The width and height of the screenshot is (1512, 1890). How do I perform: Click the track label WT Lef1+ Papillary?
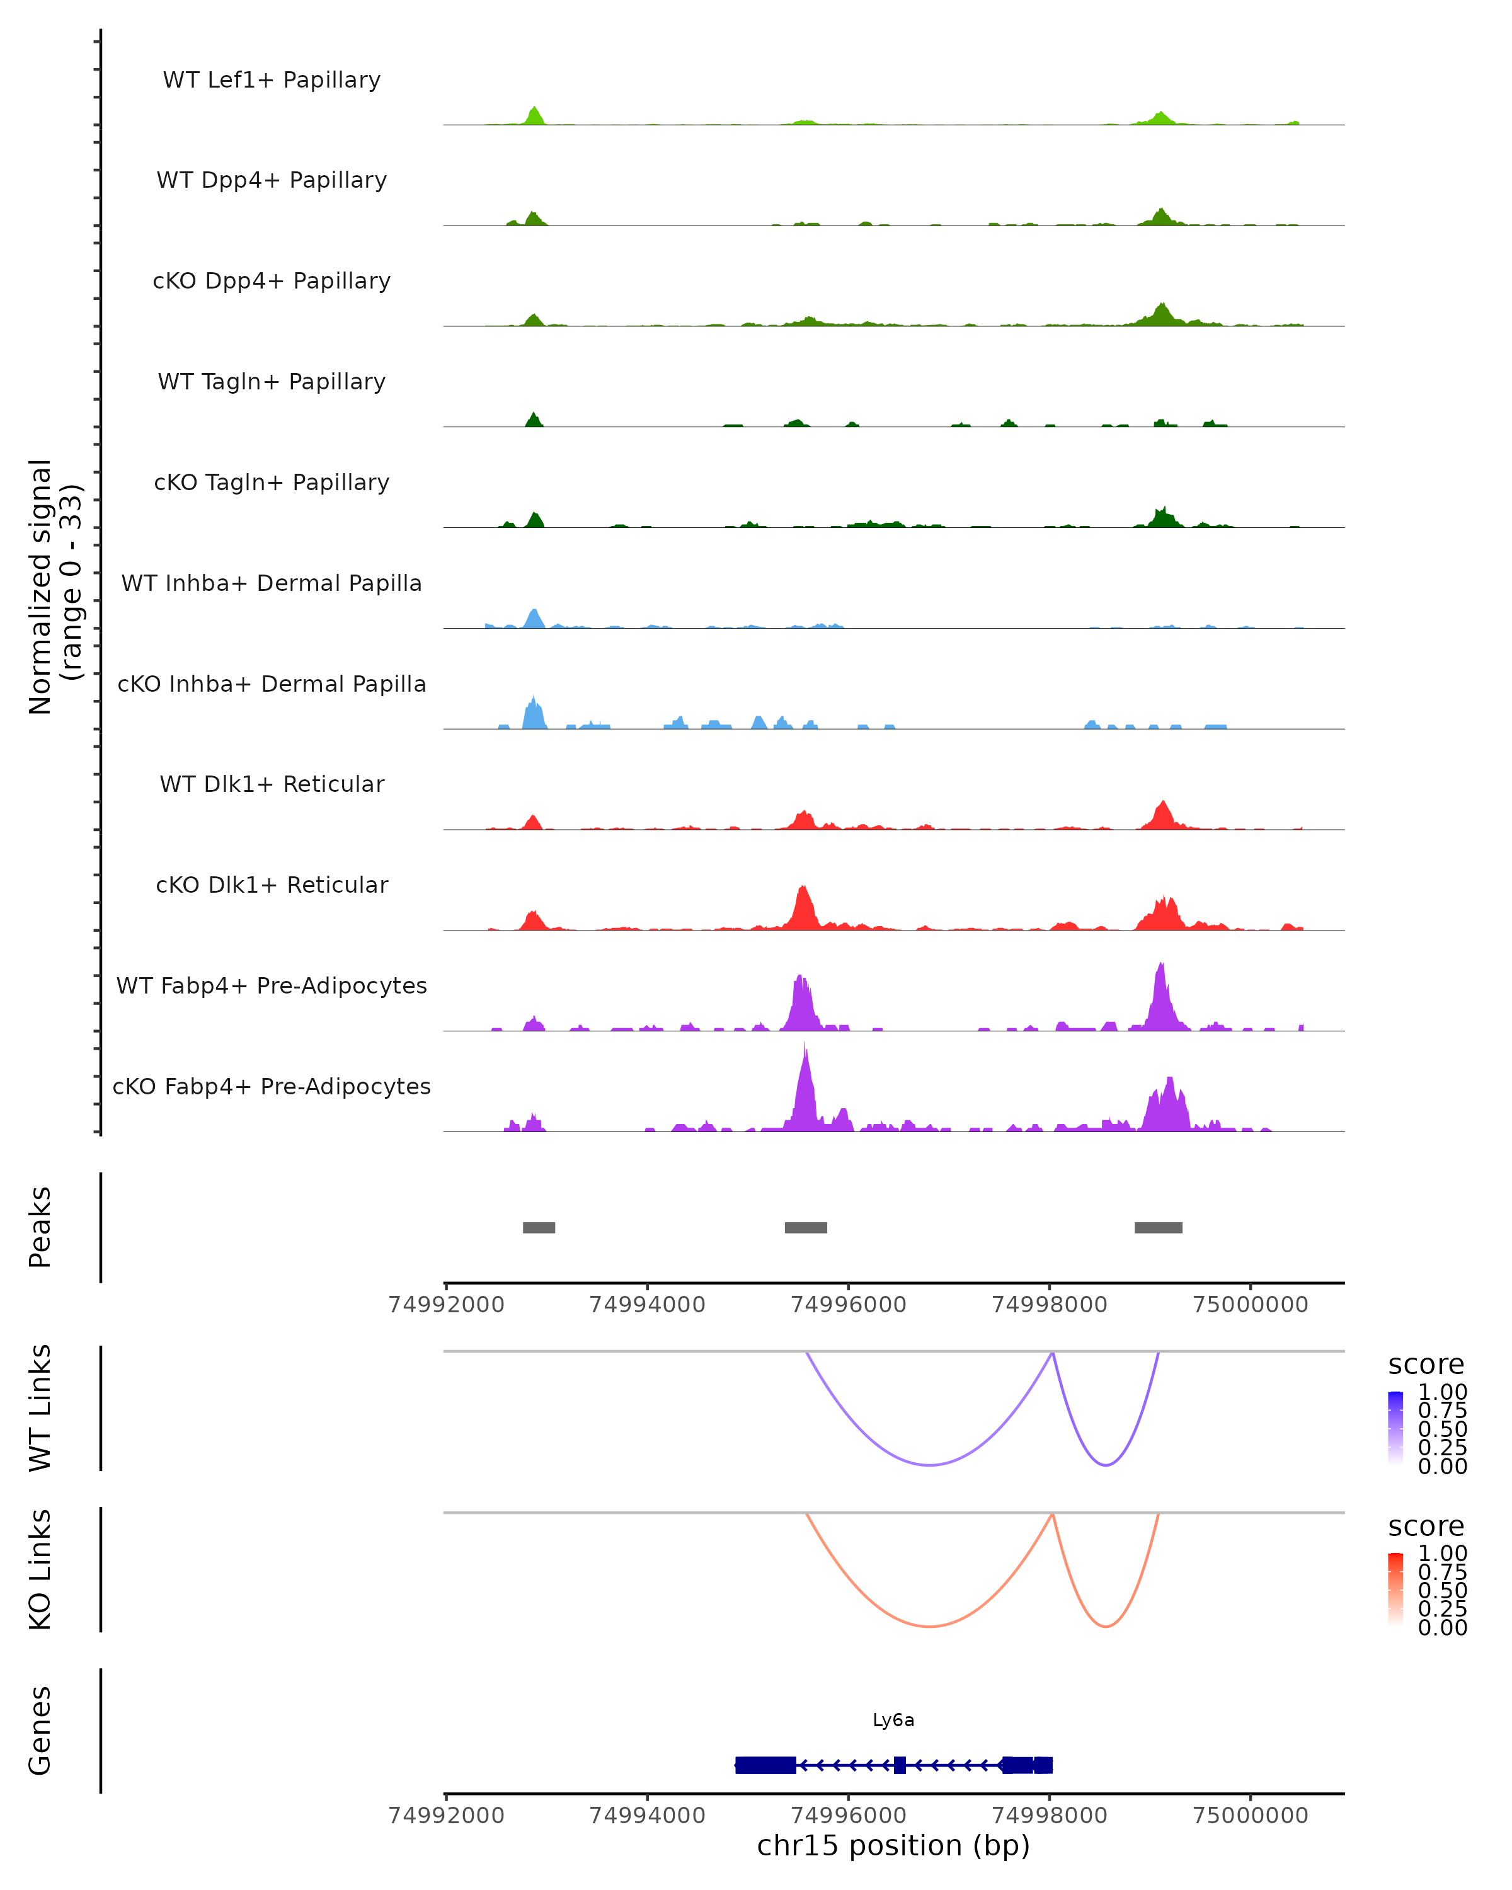tap(272, 80)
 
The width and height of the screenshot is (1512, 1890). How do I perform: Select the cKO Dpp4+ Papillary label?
tap(272, 280)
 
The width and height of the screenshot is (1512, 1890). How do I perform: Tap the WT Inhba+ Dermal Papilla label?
tap(272, 583)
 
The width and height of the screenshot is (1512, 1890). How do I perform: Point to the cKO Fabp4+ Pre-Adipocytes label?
tap(272, 1086)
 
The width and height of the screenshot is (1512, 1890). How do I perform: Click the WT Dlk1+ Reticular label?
tap(272, 784)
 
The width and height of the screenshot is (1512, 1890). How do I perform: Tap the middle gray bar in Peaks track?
tap(806, 1227)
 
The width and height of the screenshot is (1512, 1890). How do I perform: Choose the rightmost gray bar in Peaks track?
tap(1158, 1227)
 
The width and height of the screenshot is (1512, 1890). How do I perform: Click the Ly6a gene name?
tap(893, 1720)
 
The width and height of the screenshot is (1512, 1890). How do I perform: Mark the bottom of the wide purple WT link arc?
tap(930, 1465)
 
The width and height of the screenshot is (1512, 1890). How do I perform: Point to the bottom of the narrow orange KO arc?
tap(1106, 1626)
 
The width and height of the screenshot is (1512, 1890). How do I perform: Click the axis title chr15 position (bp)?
tap(893, 1846)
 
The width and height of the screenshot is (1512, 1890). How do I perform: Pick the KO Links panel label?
tap(40, 1569)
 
